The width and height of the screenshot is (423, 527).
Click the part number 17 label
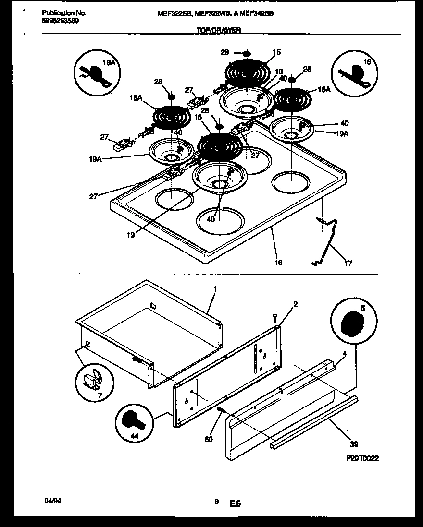coord(348,263)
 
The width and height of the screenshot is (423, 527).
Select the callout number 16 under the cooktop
coord(278,263)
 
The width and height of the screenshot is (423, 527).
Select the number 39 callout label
coord(354,444)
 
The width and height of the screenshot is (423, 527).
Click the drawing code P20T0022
coord(362,458)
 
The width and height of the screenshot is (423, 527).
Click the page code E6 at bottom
coord(235,504)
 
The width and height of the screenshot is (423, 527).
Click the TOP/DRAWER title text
coord(219,30)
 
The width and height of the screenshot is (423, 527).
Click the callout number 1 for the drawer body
coord(215,290)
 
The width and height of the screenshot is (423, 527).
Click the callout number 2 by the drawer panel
coord(295,304)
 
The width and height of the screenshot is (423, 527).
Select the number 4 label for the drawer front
coord(344,354)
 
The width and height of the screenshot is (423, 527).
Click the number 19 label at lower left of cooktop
coord(131,235)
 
